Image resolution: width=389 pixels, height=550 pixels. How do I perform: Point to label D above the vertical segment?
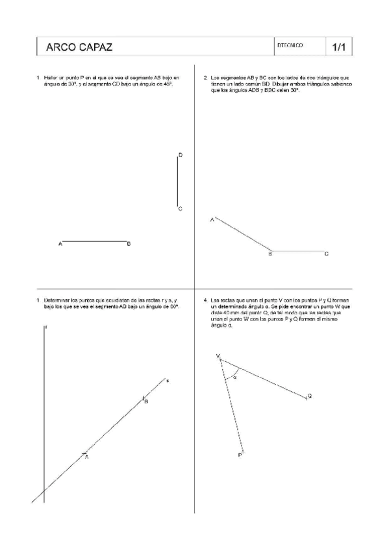point(180,155)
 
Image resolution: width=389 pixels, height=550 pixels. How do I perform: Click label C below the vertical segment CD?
point(180,209)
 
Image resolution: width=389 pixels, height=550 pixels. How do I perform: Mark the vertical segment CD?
point(178,182)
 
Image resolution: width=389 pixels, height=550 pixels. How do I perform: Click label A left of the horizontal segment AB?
point(60,244)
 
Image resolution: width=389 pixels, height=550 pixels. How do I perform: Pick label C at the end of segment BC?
point(326,254)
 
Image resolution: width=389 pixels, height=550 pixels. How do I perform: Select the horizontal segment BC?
point(298,250)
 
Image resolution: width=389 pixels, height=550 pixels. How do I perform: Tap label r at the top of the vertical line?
point(45,328)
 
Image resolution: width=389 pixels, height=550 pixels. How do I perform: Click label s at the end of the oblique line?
point(168,380)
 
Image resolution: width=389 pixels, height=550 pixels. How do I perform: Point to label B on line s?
point(146,402)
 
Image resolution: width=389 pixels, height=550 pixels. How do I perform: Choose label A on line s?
point(86,457)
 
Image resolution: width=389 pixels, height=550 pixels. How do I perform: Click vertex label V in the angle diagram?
point(218,356)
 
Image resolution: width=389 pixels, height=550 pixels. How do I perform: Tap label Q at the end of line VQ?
point(309,396)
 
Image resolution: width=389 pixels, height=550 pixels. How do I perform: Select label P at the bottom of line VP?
point(240,456)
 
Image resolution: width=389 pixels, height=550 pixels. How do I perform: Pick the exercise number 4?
point(205,300)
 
